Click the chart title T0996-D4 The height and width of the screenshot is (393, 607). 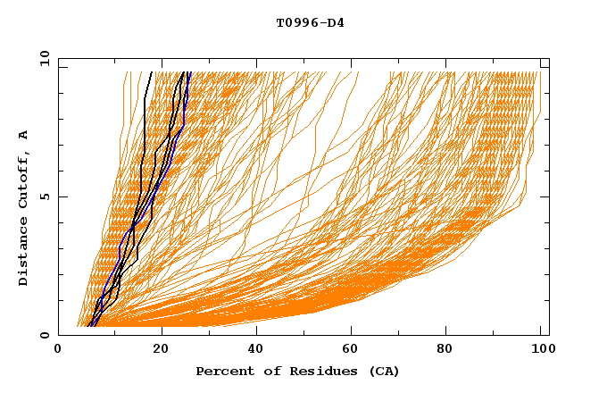tap(310, 23)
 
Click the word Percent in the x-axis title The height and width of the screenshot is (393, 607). tap(223, 371)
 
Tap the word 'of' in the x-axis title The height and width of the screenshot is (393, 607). tap(265, 371)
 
